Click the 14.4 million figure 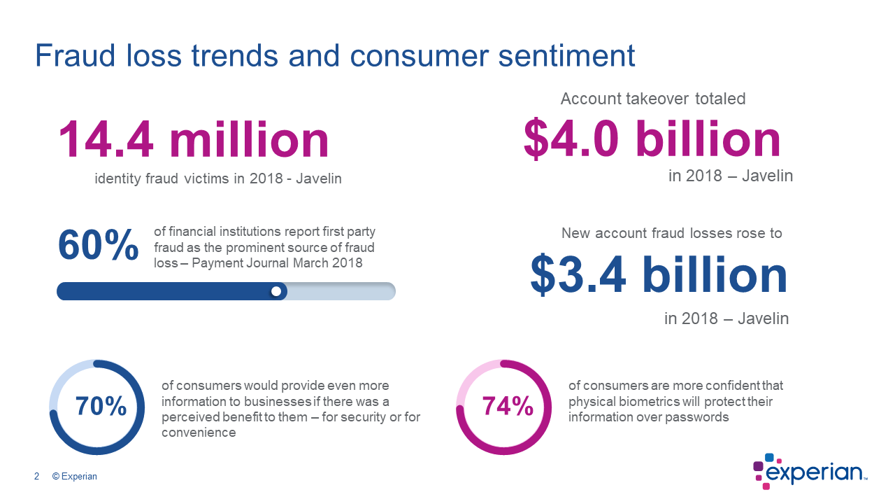click(x=193, y=139)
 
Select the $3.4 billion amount click(x=658, y=274)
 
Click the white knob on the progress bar click(x=276, y=291)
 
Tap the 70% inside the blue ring click(x=101, y=406)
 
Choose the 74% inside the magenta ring click(x=508, y=406)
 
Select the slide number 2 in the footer click(x=36, y=477)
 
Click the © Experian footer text click(x=75, y=477)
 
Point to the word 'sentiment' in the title click(x=566, y=56)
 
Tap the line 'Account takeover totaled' click(x=653, y=99)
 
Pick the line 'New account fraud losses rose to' click(x=671, y=233)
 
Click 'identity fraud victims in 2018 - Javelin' click(x=218, y=178)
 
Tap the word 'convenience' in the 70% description click(x=199, y=433)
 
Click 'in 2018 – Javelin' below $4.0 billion click(x=731, y=176)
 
